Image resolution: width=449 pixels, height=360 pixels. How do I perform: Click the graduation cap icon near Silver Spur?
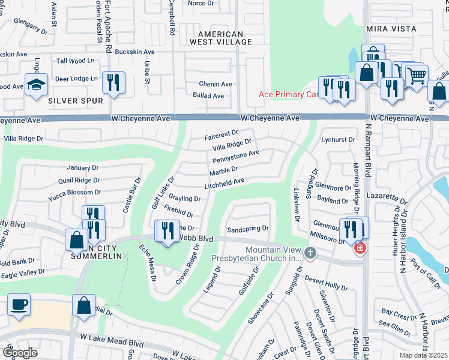click(36, 85)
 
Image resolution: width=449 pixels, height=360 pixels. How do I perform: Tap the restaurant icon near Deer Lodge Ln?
click(113, 83)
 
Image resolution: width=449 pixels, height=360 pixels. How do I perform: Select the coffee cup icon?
click(19, 304)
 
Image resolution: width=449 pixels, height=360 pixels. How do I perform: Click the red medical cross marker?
click(360, 248)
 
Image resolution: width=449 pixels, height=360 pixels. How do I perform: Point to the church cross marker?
click(310, 253)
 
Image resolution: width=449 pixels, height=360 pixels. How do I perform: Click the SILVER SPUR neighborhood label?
click(76, 101)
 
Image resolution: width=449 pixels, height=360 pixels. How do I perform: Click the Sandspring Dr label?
click(248, 229)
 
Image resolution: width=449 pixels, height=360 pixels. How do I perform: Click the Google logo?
click(20, 353)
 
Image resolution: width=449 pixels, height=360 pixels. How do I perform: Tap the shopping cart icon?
click(416, 76)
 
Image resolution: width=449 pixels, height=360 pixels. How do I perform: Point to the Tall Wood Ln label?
click(76, 61)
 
